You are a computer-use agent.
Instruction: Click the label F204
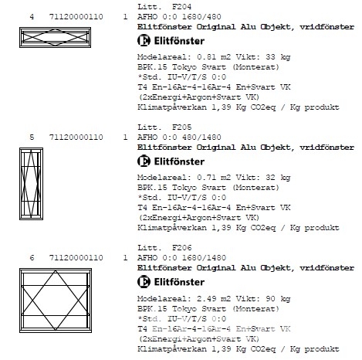181,6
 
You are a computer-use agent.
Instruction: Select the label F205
181,127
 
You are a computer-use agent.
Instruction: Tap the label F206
181,247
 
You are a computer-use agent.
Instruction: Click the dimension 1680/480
201,17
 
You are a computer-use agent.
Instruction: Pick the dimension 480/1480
201,138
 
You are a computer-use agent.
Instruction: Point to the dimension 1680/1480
204,258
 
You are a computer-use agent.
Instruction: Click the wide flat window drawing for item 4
55,37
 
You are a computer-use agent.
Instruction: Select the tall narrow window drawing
31,184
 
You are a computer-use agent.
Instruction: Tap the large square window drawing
56,301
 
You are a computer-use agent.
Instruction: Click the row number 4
32,17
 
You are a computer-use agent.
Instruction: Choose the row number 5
32,138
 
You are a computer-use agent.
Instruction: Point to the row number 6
32,258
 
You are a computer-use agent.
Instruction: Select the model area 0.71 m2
214,178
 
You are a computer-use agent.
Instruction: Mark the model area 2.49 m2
214,299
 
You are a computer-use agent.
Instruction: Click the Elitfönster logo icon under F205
144,161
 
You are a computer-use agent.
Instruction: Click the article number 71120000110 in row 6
76,258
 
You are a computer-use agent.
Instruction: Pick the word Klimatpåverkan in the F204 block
172,107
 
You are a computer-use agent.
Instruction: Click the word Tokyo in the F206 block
184,309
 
